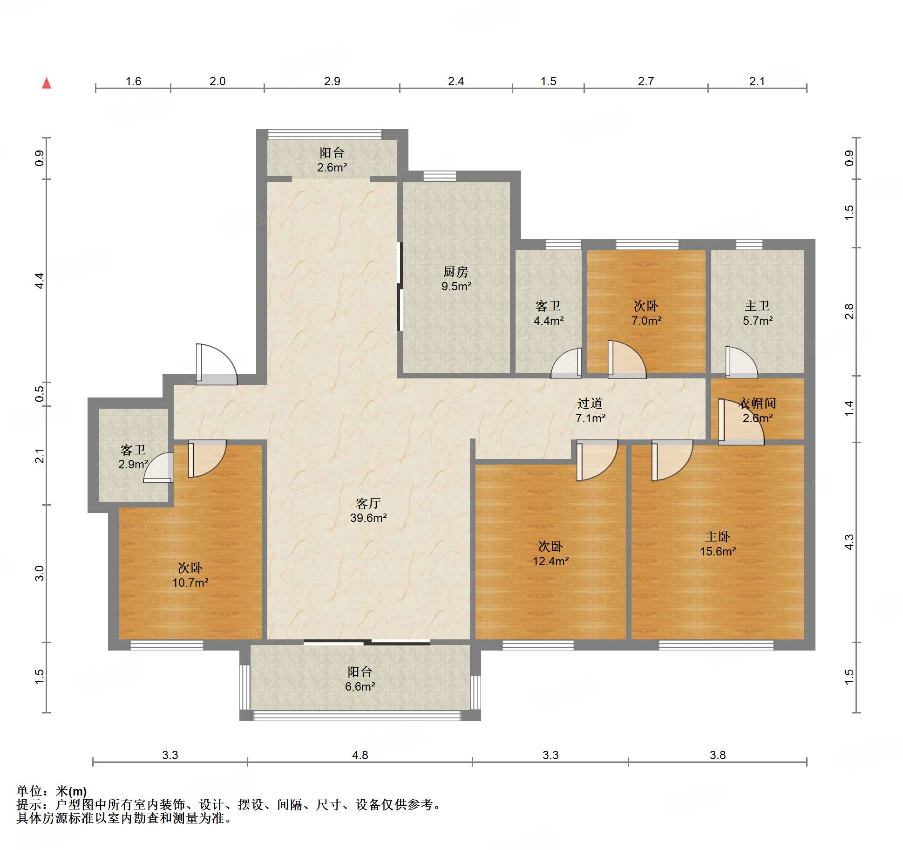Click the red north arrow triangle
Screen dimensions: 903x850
click(x=47, y=83)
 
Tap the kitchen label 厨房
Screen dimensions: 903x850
click(x=455, y=271)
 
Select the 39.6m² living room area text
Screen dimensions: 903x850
click(x=368, y=518)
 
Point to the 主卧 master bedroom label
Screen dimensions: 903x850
click(x=718, y=537)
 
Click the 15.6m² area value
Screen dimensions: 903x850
click(x=718, y=551)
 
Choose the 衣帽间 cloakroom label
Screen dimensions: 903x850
click(x=757, y=403)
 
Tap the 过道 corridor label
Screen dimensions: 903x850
click(x=590, y=403)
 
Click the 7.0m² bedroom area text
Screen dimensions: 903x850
click(x=646, y=321)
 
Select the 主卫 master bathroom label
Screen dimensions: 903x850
click(x=757, y=306)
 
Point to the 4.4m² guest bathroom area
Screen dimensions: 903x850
click(x=549, y=321)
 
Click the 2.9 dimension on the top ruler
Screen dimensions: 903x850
click(x=332, y=81)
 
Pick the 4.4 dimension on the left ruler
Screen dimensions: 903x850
click(x=40, y=281)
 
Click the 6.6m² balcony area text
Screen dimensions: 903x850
click(x=360, y=686)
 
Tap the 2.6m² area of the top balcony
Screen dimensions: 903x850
click(x=332, y=167)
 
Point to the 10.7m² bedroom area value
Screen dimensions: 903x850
click(x=190, y=583)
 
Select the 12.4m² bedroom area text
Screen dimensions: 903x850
click(x=550, y=561)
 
